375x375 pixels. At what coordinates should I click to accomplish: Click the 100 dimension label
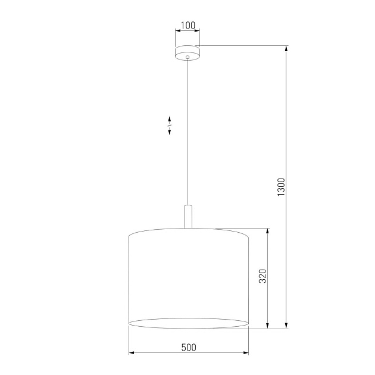pyautogui.click(x=187, y=25)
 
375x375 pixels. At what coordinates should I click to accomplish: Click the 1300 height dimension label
pyautogui.click(x=282, y=187)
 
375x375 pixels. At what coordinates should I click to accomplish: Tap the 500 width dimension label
pyautogui.click(x=188, y=348)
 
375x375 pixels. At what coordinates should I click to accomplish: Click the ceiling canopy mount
pyautogui.click(x=187, y=52)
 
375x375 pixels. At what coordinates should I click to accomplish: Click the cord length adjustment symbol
pyautogui.click(x=170, y=125)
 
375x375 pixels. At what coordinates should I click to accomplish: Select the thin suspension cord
pyautogui.click(x=188, y=131)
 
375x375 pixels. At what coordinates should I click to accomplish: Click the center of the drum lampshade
pyautogui.click(x=188, y=277)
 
